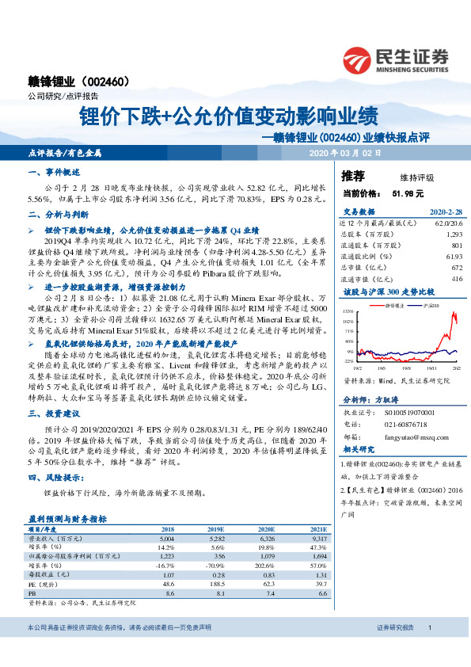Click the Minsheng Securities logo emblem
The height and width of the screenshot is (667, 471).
(359, 58)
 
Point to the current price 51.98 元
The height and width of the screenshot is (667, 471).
(408, 192)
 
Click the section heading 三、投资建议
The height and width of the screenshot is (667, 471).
(51, 415)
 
